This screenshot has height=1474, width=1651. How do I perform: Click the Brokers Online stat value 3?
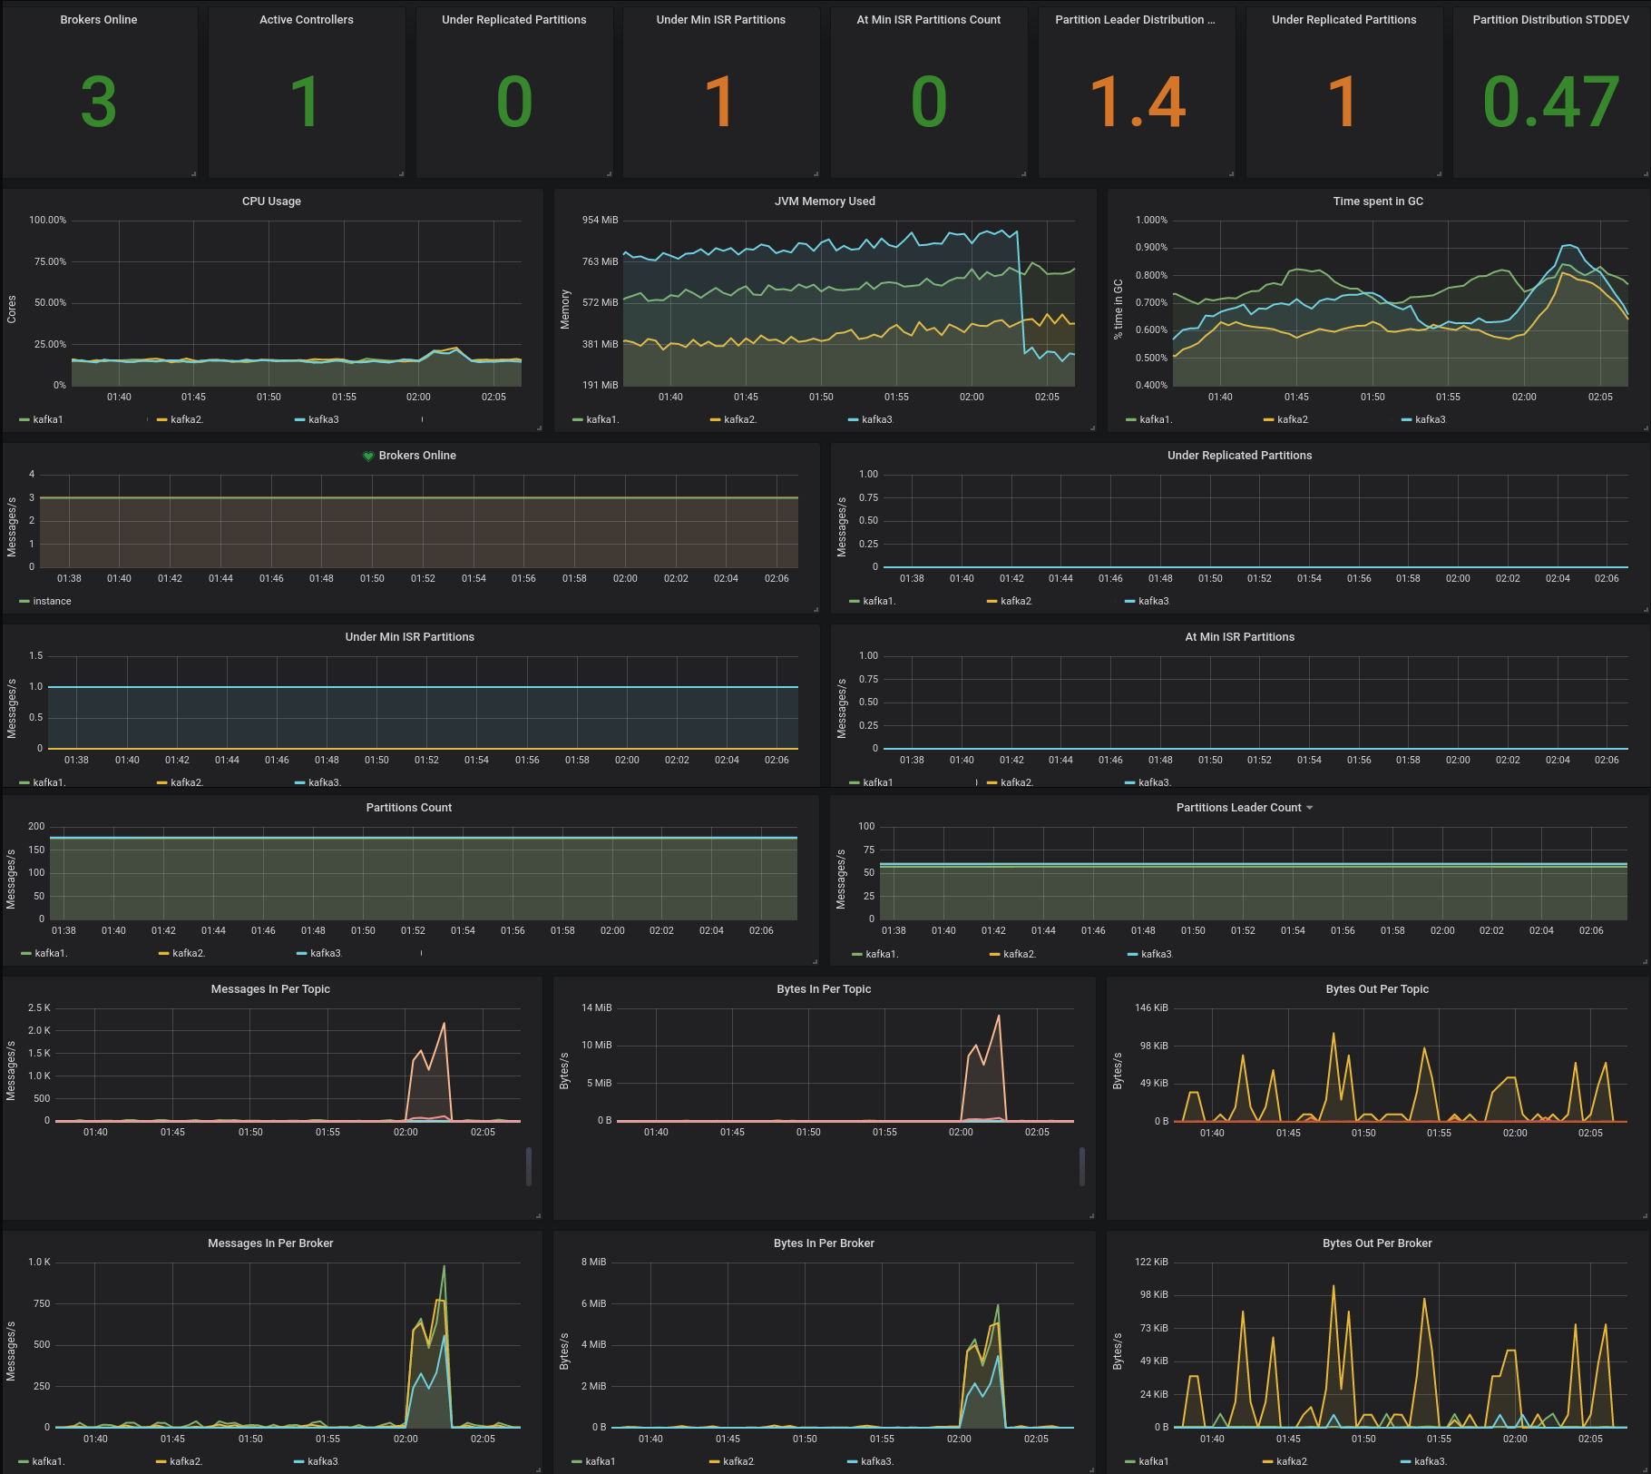(x=98, y=102)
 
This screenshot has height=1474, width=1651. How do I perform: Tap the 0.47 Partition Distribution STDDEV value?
(x=1550, y=102)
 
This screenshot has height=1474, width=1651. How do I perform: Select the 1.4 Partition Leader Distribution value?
(x=1137, y=102)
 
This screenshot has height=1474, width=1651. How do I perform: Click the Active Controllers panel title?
(x=307, y=20)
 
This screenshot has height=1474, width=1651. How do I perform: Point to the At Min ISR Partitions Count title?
(x=928, y=20)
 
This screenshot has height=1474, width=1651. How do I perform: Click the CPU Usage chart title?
(x=271, y=201)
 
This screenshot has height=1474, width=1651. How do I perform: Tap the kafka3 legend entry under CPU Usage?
(x=323, y=419)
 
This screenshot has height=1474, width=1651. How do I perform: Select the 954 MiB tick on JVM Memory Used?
(x=600, y=220)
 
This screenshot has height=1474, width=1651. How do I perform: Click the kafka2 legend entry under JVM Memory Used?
(x=738, y=419)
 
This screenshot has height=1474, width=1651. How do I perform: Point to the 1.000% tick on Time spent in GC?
(x=1151, y=220)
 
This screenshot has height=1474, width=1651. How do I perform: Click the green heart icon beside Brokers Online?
(x=368, y=456)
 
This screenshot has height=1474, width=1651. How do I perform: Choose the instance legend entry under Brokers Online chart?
(x=52, y=601)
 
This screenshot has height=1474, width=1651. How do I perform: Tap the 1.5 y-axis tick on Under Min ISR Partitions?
(x=36, y=655)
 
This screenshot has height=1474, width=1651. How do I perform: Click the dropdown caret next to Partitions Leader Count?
(x=1309, y=808)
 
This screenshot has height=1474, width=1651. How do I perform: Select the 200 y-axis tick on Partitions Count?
(x=36, y=826)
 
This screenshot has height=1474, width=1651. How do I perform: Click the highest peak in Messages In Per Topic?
(x=444, y=1024)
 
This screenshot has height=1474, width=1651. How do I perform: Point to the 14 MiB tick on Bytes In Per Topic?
(x=596, y=1007)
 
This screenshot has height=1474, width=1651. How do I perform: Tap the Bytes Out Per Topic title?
(x=1376, y=989)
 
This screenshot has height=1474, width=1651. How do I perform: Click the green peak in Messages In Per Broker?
(x=444, y=1266)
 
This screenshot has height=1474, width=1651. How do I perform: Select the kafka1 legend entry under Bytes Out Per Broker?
(x=1153, y=1461)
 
